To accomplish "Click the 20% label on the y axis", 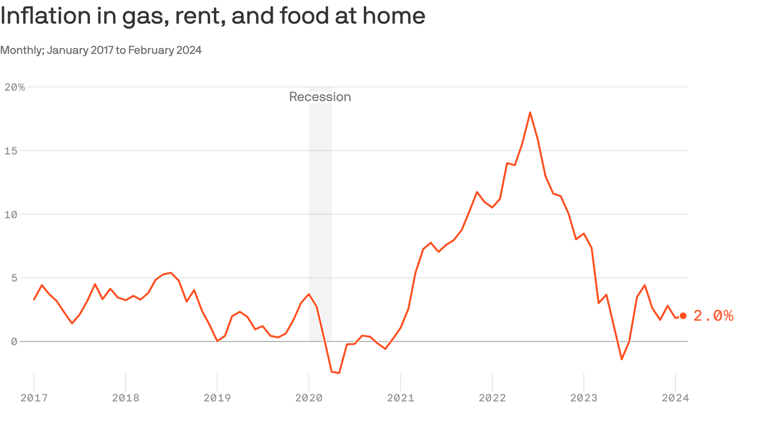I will coord(14,87).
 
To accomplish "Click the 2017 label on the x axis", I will coord(34,398).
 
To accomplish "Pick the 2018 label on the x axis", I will coord(126,398).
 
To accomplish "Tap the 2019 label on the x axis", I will coord(217,398).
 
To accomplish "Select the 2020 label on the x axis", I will coord(309,398).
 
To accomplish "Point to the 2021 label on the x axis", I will coord(400,398).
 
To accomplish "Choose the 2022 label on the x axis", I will coord(492,398).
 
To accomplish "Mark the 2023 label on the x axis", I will coord(584,398).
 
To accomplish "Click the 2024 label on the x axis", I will coord(675,398).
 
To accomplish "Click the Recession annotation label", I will coord(320,97).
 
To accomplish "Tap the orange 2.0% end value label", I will coord(713,315).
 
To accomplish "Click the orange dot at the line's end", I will coord(683,315).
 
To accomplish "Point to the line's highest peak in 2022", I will coord(530,112).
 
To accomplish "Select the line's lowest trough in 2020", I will coord(339,373).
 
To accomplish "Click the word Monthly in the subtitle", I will coord(22,50).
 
